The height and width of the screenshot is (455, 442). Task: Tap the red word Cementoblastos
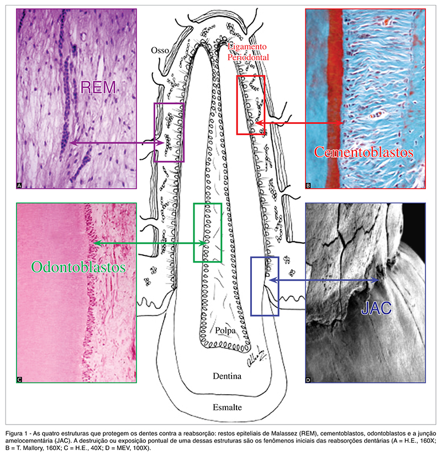[x=363, y=152]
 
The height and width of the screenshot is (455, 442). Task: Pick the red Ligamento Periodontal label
[x=247, y=52]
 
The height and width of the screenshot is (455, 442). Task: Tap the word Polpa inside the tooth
[x=227, y=330]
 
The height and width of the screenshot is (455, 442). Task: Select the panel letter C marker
[x=20, y=379]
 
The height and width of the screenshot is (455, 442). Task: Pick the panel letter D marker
[x=308, y=379]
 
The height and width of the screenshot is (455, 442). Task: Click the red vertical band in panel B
[x=334, y=100]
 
